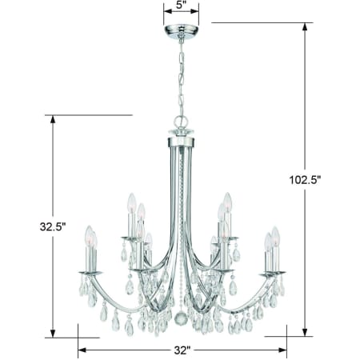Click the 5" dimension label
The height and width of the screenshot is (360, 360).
click(181, 5)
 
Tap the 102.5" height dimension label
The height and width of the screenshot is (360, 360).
click(304, 180)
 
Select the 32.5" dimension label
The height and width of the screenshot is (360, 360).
click(53, 226)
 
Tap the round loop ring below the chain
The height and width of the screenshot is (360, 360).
click(181, 122)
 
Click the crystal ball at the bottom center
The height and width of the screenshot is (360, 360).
click(182, 318)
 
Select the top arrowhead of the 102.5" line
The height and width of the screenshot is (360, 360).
click(304, 27)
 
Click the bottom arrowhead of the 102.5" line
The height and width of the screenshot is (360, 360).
click(304, 332)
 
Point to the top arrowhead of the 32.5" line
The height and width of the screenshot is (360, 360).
click(53, 119)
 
